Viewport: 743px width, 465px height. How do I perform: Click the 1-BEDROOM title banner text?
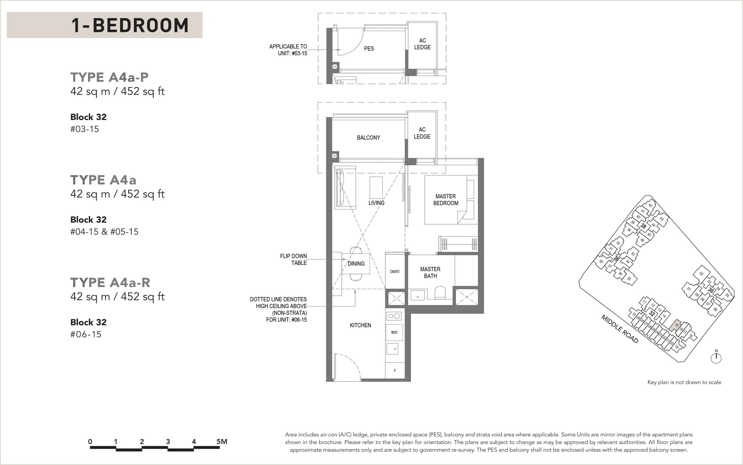tap(130, 25)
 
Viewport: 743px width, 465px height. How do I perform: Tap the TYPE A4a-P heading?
tap(109, 77)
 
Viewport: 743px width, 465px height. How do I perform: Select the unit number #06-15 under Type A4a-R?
tap(86, 334)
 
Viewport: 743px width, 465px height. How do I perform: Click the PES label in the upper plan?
tap(369, 48)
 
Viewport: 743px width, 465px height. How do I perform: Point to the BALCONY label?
tap(368, 138)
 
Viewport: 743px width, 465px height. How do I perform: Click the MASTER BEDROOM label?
tap(446, 200)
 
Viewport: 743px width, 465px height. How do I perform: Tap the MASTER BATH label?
tap(430, 272)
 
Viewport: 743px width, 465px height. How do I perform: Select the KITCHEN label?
tap(360, 325)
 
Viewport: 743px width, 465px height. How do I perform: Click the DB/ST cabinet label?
tap(395, 272)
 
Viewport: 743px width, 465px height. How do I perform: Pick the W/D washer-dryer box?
tap(394, 332)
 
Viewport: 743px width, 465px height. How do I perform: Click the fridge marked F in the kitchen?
tap(395, 371)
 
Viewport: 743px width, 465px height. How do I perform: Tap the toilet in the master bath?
tap(440, 293)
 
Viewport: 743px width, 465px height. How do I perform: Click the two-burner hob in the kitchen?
tap(394, 316)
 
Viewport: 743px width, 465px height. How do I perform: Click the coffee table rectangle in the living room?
tap(376, 188)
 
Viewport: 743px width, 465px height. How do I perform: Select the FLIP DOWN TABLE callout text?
tap(293, 259)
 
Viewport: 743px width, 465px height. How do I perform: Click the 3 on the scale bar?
tap(168, 442)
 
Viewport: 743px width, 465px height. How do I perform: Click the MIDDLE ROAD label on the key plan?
tap(620, 329)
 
